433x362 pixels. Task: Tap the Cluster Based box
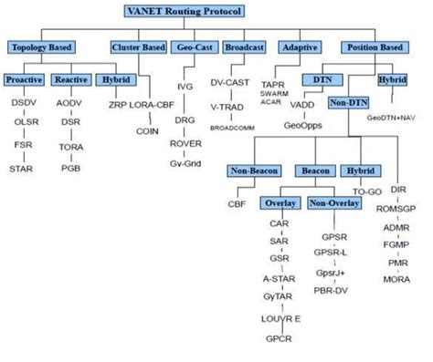point(137,47)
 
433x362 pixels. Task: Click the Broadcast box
point(243,47)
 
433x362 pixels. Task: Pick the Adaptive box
point(299,47)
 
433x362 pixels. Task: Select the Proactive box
point(24,80)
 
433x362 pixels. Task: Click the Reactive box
point(70,80)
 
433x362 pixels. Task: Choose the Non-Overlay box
point(333,203)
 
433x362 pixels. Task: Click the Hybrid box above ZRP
point(114,80)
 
